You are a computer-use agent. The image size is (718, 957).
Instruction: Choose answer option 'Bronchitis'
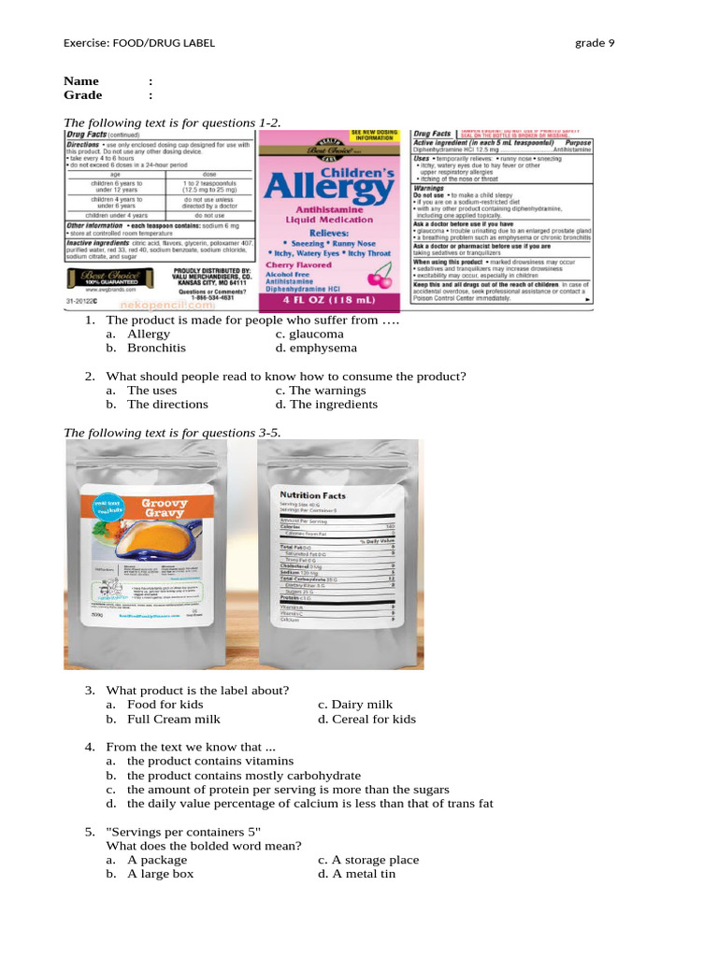click(156, 348)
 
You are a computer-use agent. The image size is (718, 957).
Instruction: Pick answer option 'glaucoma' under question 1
click(316, 334)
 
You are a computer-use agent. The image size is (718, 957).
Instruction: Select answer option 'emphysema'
click(323, 348)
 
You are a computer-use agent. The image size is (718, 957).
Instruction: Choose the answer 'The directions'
click(167, 405)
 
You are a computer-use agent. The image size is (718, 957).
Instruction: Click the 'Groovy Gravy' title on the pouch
click(165, 508)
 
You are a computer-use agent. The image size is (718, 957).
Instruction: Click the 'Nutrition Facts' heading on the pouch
click(313, 495)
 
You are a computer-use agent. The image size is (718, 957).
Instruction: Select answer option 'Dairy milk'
click(364, 705)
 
